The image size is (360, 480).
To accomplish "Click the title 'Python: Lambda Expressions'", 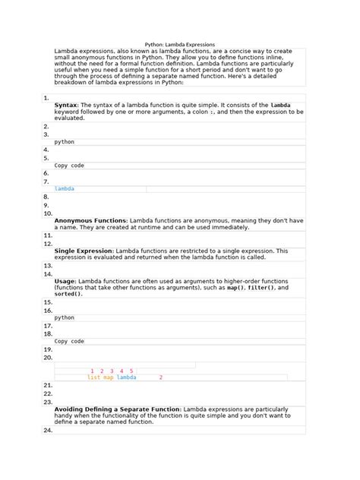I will point(179,45).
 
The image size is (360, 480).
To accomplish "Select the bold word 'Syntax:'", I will point(66,105).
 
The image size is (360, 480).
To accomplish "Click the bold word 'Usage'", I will point(65,281).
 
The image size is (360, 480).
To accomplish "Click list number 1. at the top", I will point(46,98).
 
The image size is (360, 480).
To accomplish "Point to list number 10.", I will point(48,213).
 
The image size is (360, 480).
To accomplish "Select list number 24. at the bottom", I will point(48,431).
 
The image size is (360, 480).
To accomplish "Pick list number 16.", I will point(48,311).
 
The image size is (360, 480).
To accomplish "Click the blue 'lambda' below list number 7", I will point(65,188).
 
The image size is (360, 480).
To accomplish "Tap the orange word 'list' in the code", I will point(93,377).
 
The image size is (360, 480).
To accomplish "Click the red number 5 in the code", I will point(131,371).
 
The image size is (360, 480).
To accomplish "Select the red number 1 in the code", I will point(92,371).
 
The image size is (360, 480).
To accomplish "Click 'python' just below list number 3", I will point(65,142).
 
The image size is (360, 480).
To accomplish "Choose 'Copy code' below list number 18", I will point(69,341).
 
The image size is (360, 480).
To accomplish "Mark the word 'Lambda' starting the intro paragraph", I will point(66,51).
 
